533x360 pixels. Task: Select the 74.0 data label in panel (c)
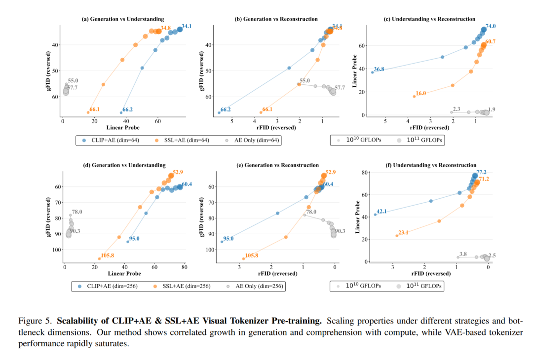tap(491, 26)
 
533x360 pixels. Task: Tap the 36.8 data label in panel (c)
tap(379, 69)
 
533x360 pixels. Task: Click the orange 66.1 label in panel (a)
tap(94, 109)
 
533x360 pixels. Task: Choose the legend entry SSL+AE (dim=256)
tap(181, 285)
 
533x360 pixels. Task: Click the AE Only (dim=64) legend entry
tap(253, 140)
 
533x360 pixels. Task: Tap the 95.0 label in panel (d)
tap(134, 239)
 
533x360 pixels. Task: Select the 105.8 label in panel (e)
tap(251, 255)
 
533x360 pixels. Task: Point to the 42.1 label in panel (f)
tap(382, 212)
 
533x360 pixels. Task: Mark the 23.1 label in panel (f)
tap(403, 232)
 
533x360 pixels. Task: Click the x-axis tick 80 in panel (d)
tap(184, 267)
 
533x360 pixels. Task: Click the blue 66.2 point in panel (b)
tap(219, 113)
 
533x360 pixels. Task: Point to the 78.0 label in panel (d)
tap(77, 212)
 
